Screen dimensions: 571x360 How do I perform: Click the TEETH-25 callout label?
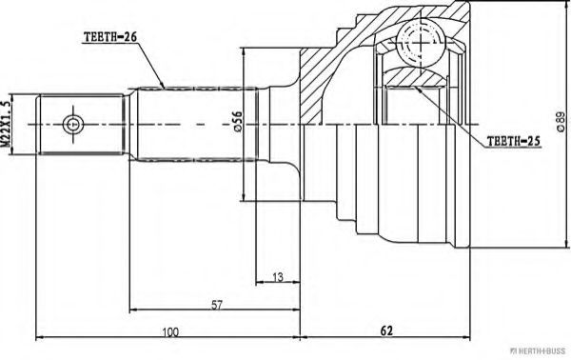pyautogui.click(x=514, y=141)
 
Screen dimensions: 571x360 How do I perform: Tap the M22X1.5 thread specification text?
pyautogui.click(x=5, y=124)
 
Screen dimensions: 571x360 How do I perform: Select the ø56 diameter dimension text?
pyautogui.click(x=237, y=121)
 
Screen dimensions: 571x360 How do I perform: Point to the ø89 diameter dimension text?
pyautogui.click(x=561, y=122)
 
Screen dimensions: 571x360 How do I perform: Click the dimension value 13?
pyautogui.click(x=278, y=277)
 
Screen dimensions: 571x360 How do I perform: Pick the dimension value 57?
pyautogui.click(x=217, y=305)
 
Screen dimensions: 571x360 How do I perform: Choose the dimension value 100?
pyautogui.click(x=170, y=332)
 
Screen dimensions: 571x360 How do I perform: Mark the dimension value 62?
pyautogui.click(x=386, y=330)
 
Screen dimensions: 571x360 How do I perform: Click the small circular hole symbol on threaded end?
pyautogui.click(x=72, y=124)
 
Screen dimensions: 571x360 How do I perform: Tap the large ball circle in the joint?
pyautogui.click(x=421, y=42)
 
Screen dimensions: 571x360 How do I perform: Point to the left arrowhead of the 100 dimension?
pyautogui.click(x=40, y=337)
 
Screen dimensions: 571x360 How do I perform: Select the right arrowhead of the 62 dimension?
pyautogui.click(x=466, y=337)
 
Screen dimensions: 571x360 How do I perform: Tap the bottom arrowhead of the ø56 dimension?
pyautogui.click(x=244, y=196)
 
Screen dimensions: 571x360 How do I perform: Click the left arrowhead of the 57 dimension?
pyautogui.click(x=133, y=310)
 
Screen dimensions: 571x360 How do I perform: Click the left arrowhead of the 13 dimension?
pyautogui.click(x=260, y=282)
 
